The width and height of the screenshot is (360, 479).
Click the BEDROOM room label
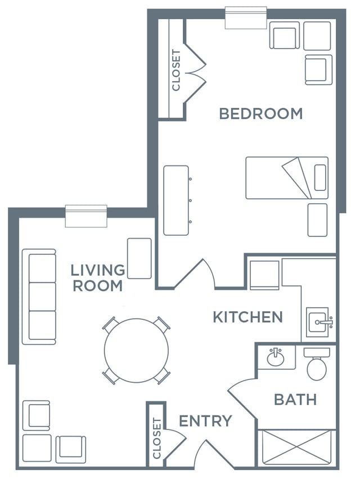(261, 114)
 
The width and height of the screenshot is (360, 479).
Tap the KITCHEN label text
(247, 317)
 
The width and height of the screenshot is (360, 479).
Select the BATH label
(295, 400)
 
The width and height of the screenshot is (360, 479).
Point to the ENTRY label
(205, 421)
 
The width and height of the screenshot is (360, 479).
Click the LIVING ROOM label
(98, 278)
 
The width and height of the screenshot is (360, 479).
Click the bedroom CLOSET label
(176, 70)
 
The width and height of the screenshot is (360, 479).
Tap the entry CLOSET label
(156, 438)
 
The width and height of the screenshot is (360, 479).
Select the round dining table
(136, 351)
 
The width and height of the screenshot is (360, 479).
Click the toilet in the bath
(317, 364)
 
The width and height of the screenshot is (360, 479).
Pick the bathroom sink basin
(276, 357)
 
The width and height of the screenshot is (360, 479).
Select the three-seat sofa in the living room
(39, 297)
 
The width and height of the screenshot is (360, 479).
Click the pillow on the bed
(320, 177)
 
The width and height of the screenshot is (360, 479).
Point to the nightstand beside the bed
(317, 220)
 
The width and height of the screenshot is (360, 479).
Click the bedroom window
(246, 18)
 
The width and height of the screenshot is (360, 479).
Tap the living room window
(86, 216)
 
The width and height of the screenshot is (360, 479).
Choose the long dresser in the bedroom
(176, 200)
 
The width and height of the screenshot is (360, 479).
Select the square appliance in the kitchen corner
(264, 275)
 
